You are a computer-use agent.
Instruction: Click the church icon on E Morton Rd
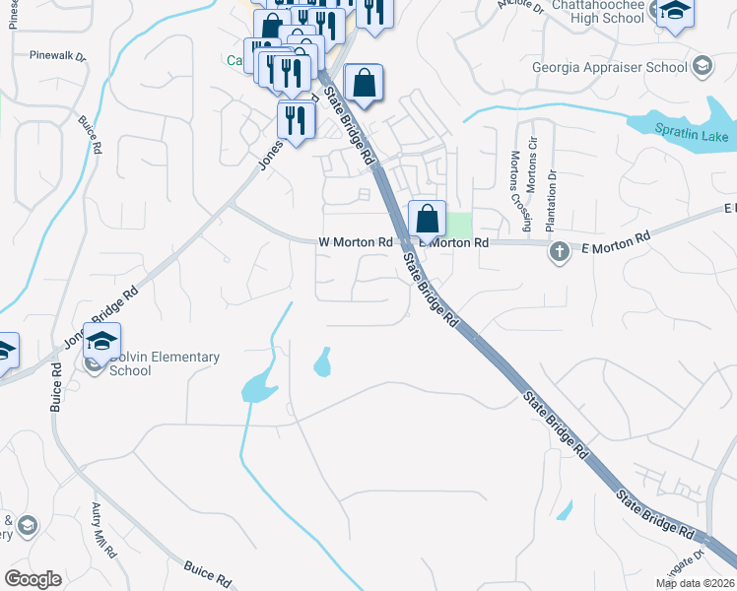click(x=559, y=250)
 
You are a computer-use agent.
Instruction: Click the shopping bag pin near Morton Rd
click(x=427, y=220)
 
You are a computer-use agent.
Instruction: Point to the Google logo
click(x=33, y=579)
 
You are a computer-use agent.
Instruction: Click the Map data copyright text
click(x=696, y=583)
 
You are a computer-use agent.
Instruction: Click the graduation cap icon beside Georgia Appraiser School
click(x=702, y=67)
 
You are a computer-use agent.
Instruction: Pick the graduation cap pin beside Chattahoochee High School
click(x=675, y=13)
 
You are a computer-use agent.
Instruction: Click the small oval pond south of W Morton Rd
click(x=321, y=362)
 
